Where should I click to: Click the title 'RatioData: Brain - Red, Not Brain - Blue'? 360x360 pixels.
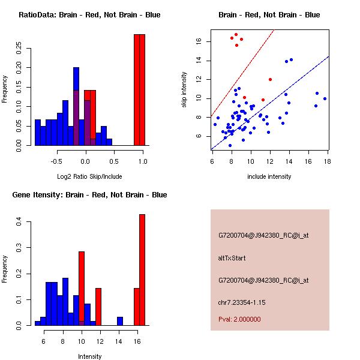point(89,14)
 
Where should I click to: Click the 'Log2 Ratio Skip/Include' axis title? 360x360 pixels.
point(89,178)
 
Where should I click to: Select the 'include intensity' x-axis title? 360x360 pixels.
point(269,177)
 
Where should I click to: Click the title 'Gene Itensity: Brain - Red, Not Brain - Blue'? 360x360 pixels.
point(89,194)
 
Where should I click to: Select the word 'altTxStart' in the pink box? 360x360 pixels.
point(232,258)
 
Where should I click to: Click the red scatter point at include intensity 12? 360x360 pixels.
point(270,79)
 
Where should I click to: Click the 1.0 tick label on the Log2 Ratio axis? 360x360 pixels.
point(142,161)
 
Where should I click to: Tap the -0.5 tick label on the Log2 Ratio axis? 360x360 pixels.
point(57,161)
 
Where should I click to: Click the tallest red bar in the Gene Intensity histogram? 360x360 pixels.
point(142,270)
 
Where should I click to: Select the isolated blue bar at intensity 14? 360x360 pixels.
point(120,321)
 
